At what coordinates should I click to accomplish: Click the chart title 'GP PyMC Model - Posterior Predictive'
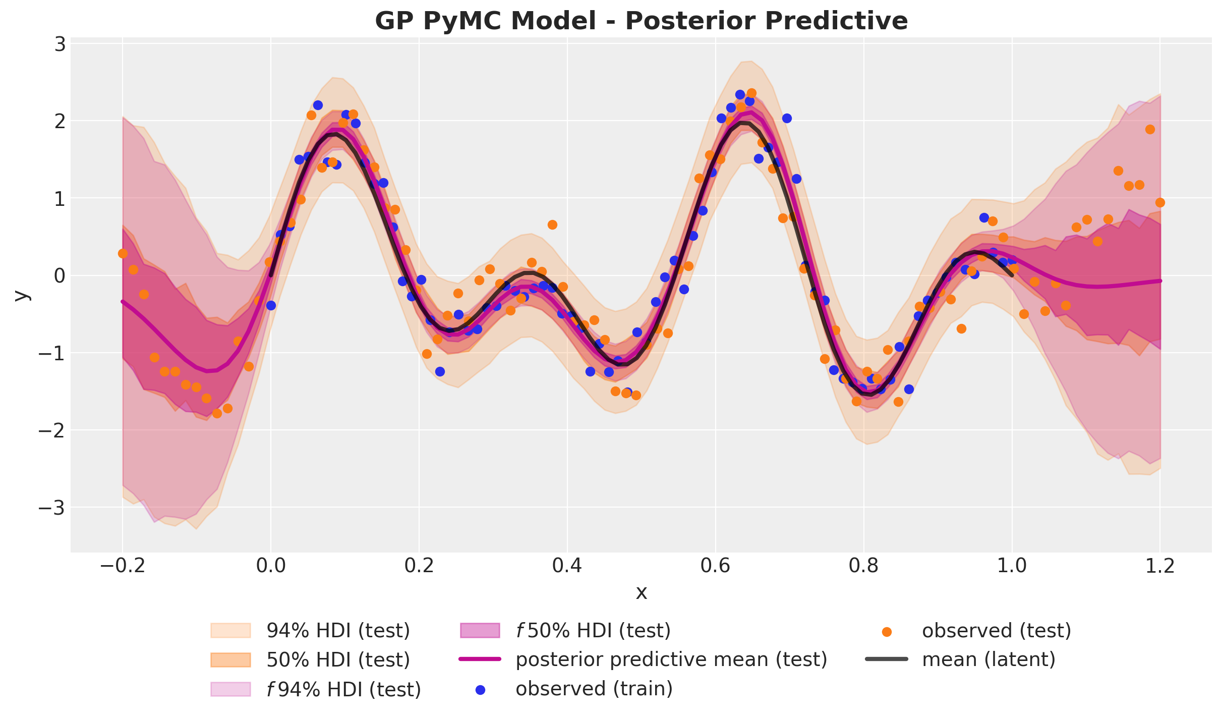(641, 21)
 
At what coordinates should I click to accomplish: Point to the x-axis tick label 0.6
(715, 566)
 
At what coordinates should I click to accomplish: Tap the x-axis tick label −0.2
(123, 566)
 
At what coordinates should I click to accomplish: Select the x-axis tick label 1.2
(1160, 566)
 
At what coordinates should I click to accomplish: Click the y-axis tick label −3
(52, 508)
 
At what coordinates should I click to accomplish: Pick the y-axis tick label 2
(60, 121)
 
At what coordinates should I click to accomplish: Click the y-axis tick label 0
(60, 276)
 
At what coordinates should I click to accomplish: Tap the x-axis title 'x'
(641, 592)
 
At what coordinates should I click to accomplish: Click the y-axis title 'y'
(21, 295)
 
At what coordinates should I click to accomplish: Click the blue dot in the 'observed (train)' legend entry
(481, 690)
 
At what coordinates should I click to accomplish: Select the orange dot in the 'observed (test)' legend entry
(887, 632)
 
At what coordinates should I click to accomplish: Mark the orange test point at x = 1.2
(1160, 202)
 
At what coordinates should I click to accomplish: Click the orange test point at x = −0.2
(123, 253)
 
